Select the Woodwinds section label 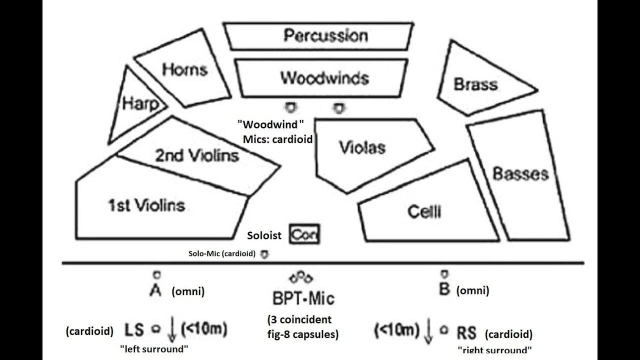pos(324,78)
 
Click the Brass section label pos(475,84)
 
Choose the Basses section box pos(520,174)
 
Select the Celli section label pos(424,212)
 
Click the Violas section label pos(362,147)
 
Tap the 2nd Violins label pos(196,155)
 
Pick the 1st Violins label pos(146,205)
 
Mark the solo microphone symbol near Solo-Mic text pos(264,254)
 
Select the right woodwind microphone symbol pos(339,107)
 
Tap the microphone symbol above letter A pos(156,274)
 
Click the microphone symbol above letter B pos(443,273)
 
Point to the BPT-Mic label pos(303,298)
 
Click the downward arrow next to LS pos(172,330)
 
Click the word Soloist pos(264,235)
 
